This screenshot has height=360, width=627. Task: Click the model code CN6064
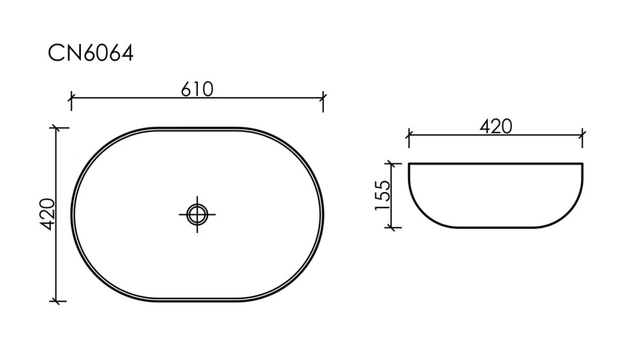coord(90,54)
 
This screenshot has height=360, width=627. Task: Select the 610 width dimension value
coord(197,89)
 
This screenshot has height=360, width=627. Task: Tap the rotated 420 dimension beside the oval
coord(47,214)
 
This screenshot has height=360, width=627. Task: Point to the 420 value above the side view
coord(496,126)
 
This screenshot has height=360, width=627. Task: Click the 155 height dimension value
coord(382,195)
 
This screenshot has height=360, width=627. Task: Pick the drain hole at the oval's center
coord(197,214)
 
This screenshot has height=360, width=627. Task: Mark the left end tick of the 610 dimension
coord(71,98)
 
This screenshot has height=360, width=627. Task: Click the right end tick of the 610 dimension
coord(323,98)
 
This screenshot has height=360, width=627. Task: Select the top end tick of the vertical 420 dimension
coord(58,128)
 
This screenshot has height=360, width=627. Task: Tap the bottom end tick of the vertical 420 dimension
coord(58,301)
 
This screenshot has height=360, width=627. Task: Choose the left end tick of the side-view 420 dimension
coord(408,135)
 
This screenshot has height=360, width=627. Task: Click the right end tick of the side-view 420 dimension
coord(583,135)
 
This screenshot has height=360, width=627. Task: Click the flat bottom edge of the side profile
coord(496,228)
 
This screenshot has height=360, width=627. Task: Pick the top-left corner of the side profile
coord(409,165)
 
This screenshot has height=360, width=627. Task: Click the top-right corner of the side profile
coord(582,165)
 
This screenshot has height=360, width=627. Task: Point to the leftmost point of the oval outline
coord(71,214)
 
